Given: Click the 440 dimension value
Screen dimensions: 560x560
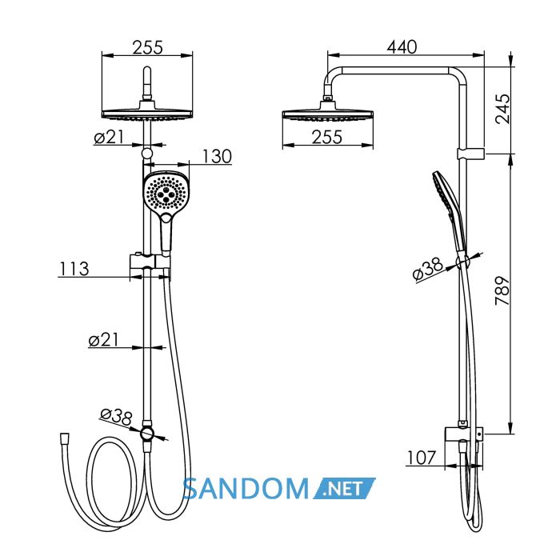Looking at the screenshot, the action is coord(402,46).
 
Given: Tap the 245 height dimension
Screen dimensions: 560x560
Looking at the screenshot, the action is coord(502,109).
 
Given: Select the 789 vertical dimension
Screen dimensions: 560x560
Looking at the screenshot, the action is coord(502,290).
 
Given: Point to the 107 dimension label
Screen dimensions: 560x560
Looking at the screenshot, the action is coord(422,458).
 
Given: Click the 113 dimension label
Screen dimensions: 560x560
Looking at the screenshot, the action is coord(74,269).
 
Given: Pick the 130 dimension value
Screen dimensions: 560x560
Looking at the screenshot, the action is coord(217,157).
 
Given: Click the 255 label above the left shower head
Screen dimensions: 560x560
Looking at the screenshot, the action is coord(148,47).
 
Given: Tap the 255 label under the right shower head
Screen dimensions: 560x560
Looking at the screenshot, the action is coord(326,137).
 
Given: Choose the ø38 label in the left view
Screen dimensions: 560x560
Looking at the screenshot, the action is coord(117,417).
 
